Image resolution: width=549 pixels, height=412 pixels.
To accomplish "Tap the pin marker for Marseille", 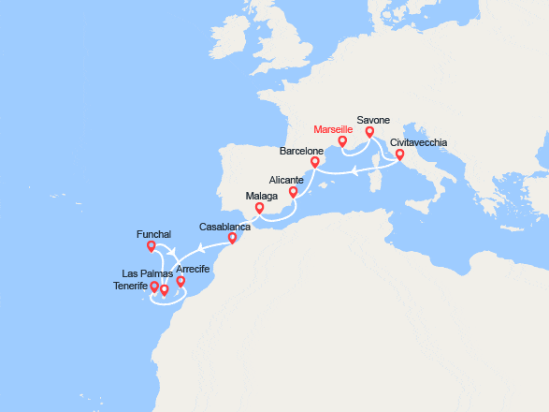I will (342, 142).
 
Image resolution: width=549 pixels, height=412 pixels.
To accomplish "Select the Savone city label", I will (373, 120).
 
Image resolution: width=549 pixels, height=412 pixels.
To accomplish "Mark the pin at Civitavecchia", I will (399, 155).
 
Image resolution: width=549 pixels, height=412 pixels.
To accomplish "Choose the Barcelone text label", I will (302, 150).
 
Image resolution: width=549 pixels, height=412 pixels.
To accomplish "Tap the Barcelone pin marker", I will (315, 163).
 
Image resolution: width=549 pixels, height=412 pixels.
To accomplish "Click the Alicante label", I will (286, 179).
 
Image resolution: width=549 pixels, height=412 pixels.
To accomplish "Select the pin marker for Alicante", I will (293, 193).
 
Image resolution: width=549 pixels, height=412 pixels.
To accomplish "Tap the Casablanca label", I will (225, 227).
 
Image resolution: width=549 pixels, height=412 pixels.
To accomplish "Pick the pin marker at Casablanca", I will (232, 239).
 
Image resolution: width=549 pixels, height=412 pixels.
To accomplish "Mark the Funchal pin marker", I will (151, 247).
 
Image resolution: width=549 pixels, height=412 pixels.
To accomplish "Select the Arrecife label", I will (192, 269).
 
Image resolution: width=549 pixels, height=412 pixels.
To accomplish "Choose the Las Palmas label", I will (148, 273).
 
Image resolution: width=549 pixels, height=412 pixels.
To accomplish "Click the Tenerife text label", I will (129, 286).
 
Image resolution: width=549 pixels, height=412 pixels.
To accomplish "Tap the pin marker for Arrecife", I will (181, 281).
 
